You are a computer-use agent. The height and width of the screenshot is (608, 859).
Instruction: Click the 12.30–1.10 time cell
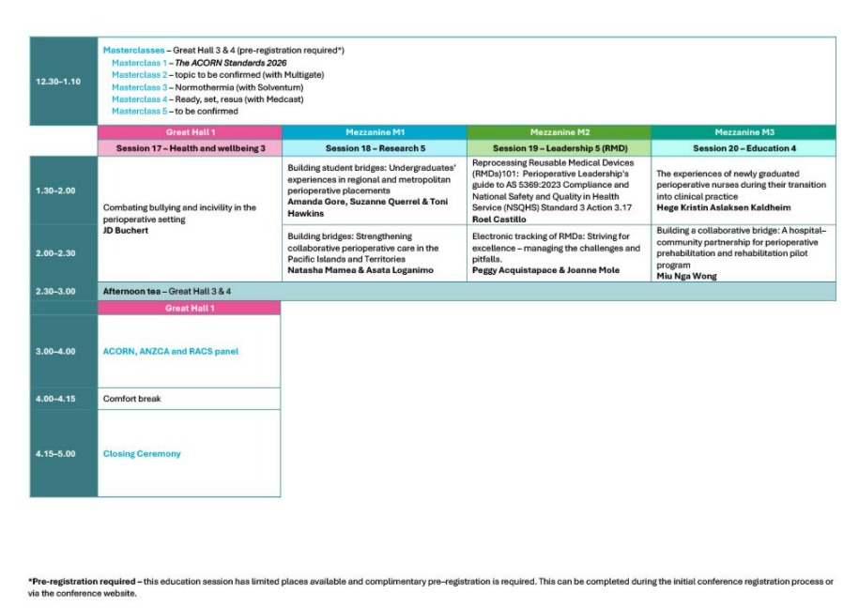(x=58, y=82)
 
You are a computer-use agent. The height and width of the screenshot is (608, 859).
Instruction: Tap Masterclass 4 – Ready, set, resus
(x=207, y=99)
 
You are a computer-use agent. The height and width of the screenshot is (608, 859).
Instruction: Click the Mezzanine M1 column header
(x=374, y=132)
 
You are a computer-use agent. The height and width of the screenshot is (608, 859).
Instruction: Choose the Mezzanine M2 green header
(x=559, y=132)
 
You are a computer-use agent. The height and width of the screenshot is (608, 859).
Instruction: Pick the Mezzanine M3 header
(x=743, y=132)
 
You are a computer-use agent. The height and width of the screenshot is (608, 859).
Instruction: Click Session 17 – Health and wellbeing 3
(x=191, y=148)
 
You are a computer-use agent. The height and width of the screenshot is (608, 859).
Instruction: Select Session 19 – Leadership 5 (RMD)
(x=559, y=148)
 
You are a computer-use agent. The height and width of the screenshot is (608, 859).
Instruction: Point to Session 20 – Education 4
(x=743, y=148)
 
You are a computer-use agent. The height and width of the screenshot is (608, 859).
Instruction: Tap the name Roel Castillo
(x=499, y=219)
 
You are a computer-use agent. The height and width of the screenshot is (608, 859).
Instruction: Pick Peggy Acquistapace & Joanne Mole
(x=545, y=270)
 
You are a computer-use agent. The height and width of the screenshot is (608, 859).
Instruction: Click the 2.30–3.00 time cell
(x=58, y=291)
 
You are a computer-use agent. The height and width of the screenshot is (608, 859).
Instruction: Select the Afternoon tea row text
(x=167, y=291)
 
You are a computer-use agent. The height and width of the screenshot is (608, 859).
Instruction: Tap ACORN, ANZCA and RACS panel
(x=171, y=352)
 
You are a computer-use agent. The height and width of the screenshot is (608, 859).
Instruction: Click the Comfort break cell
(x=132, y=399)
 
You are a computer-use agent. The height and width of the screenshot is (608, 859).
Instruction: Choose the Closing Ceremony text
(x=142, y=454)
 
